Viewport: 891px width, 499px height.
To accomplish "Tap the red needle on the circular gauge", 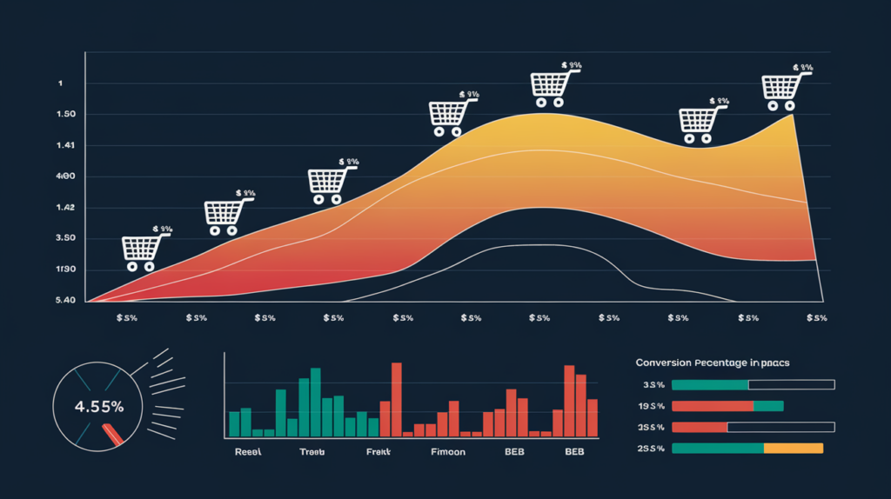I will pyautogui.click(x=113, y=433).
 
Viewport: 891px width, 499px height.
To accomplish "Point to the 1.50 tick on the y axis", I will pyautogui.click(x=65, y=115).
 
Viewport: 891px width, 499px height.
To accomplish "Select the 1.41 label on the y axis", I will pyautogui.click(x=65, y=145).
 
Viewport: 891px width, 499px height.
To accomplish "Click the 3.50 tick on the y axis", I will pyautogui.click(x=65, y=238).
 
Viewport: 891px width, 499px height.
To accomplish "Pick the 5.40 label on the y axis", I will pyautogui.click(x=65, y=301).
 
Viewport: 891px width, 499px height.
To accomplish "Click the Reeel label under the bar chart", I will pyautogui.click(x=249, y=453).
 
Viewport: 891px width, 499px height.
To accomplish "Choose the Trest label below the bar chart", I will pyautogui.click(x=312, y=453).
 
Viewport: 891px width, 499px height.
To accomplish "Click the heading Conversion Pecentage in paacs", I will pyautogui.click(x=719, y=362).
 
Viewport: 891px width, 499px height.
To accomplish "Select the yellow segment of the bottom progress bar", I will pyautogui.click(x=793, y=449).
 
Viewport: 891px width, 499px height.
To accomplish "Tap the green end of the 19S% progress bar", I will pyautogui.click(x=768, y=406).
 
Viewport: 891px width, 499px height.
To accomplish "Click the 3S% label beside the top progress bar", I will pyautogui.click(x=653, y=384).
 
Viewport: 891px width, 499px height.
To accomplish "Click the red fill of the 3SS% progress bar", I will pyautogui.click(x=700, y=427).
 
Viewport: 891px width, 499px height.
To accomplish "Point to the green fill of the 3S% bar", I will pyautogui.click(x=710, y=384).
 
